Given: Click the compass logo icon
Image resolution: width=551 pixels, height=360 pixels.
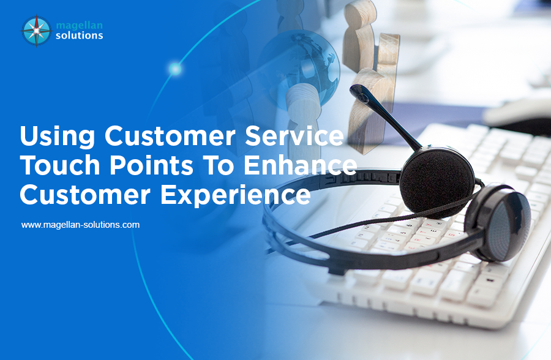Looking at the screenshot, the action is click(x=37, y=31).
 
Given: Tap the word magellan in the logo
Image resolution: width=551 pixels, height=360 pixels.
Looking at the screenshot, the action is click(x=80, y=26).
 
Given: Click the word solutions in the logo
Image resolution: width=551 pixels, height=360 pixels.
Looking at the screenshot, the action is click(x=80, y=36).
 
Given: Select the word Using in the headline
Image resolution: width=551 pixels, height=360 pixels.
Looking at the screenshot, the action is click(x=58, y=137).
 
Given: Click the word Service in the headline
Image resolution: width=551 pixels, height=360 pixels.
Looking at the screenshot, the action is click(x=294, y=136).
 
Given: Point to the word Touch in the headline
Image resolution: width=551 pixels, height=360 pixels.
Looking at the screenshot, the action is click(x=60, y=165).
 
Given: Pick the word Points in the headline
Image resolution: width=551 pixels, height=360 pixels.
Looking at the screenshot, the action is click(x=152, y=165).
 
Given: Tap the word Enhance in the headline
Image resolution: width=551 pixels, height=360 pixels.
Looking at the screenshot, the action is click(x=301, y=165).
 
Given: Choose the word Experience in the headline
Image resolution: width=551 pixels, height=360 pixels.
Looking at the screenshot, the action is click(x=236, y=196).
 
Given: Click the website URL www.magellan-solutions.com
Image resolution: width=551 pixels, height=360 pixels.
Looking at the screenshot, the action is click(x=80, y=225).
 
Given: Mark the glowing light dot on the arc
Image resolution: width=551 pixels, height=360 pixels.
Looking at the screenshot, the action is click(x=175, y=69).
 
